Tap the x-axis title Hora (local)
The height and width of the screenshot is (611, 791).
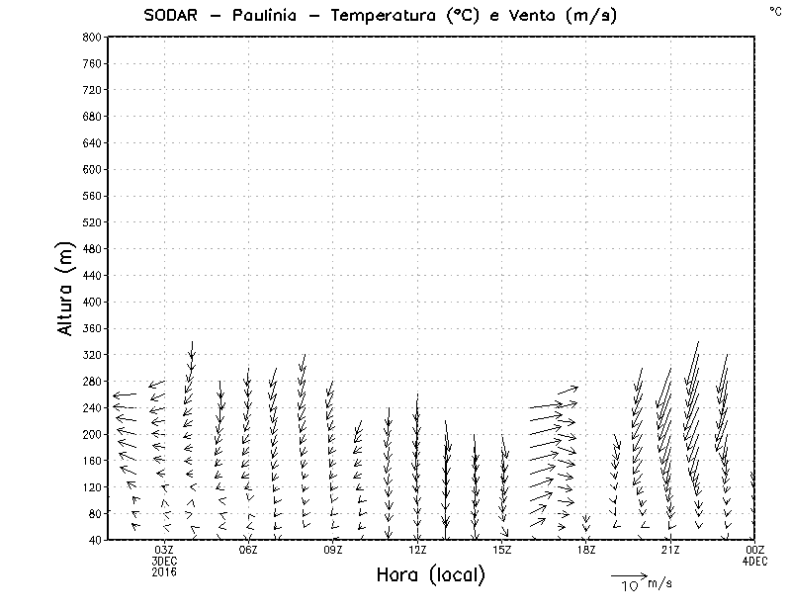[430, 575]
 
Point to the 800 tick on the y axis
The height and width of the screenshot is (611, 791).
[92, 37]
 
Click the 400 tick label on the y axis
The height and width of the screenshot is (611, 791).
[92, 302]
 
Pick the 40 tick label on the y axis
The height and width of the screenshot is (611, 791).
[95, 540]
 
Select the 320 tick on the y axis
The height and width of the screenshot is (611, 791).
[92, 354]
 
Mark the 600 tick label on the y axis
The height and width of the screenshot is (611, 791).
[92, 169]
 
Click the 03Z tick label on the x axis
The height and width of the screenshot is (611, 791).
[164, 550]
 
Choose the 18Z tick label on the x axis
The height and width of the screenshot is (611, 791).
[586, 550]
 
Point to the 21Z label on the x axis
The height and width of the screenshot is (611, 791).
[670, 550]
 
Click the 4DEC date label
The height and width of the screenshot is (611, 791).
[754, 562]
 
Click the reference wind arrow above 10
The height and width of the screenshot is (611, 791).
[628, 575]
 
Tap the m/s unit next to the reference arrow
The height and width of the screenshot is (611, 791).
[659, 584]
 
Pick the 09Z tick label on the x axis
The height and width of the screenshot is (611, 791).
[333, 550]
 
